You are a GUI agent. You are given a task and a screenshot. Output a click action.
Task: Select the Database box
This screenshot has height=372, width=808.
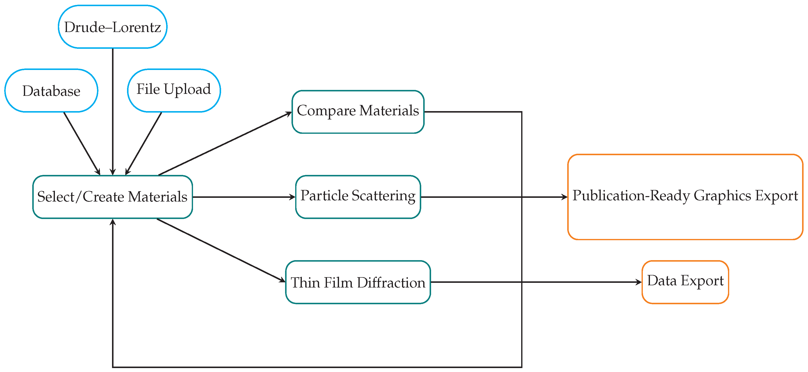(51, 91)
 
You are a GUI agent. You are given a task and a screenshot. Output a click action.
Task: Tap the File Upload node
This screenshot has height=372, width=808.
(174, 90)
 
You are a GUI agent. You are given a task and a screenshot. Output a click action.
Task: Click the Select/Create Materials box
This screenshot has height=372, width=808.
(112, 197)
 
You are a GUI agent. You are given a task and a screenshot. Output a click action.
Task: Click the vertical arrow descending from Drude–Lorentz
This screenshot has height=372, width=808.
(113, 110)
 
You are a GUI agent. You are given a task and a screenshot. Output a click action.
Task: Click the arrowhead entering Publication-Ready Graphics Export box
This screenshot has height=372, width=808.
(564, 197)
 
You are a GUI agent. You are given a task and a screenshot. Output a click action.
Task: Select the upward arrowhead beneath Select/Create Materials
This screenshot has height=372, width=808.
(113, 222)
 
